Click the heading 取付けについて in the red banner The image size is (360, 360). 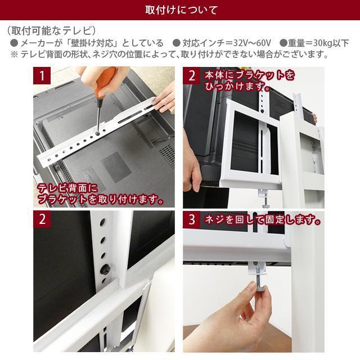coord(180,11)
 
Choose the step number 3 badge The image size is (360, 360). coord(191,220)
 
